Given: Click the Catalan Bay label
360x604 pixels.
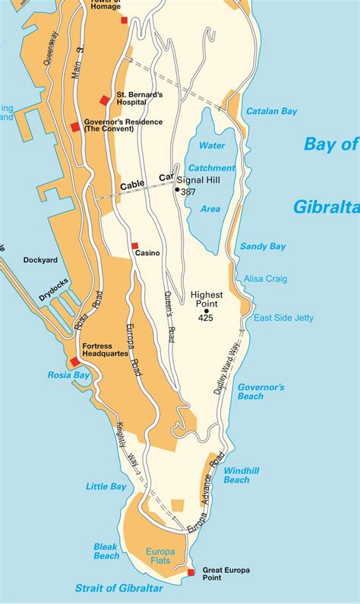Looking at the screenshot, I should [271, 111].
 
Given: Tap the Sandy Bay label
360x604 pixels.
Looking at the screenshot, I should [263, 246].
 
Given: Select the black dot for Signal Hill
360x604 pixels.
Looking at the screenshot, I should [178, 189].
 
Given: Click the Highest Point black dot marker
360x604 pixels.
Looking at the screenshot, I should [206, 310].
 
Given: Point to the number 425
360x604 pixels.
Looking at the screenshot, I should [206, 318].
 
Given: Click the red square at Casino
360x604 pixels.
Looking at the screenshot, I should [134, 245].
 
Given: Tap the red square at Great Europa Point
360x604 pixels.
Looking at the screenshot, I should [191, 572].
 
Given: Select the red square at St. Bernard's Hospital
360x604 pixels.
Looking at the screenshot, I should [105, 100].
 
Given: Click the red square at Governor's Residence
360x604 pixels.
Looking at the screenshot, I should [75, 127].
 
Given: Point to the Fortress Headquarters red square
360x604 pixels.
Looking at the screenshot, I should [74, 362].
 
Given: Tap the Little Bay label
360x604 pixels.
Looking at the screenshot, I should [106, 486].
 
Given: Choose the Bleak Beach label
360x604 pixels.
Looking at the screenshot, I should [106, 551].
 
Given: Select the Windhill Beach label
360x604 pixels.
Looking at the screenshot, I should [242, 475].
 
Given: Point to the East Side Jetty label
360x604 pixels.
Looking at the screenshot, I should [283, 318].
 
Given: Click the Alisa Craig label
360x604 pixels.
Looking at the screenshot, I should [265, 279].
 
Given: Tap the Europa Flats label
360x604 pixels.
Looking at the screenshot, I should [161, 556].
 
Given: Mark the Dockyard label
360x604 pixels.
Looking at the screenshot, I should [40, 260].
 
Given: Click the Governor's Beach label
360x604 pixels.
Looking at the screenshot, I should [261, 391].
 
